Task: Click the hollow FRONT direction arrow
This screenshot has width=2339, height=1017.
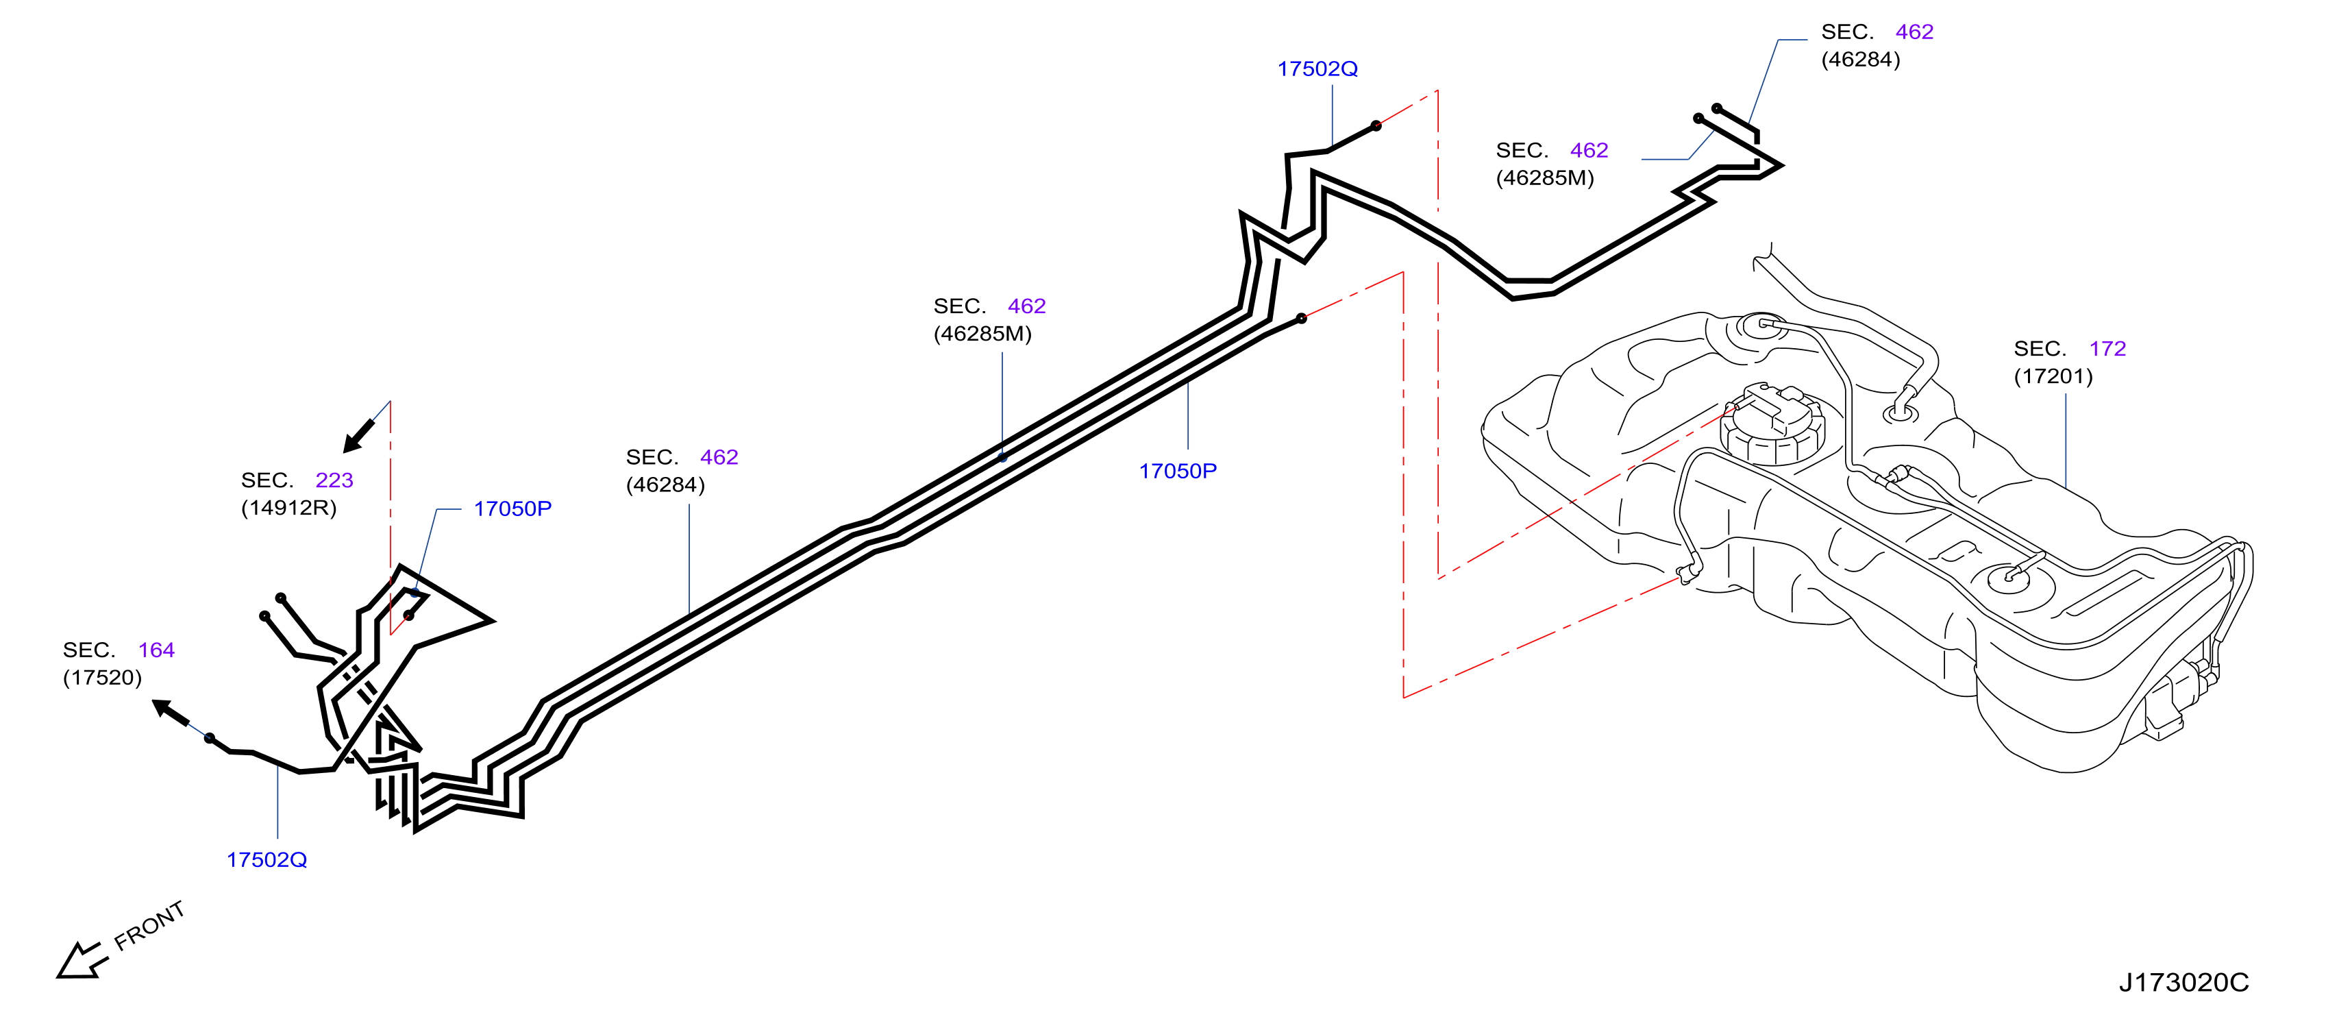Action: coord(82,961)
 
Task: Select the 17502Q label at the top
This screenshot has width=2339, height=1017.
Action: coord(1317,69)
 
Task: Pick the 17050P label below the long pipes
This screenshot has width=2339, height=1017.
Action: coord(1178,471)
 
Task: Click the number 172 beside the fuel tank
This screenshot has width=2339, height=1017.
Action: coord(2107,349)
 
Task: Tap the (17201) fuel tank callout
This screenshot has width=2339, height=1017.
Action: coord(2053,376)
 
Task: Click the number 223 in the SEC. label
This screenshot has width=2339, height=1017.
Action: coord(334,480)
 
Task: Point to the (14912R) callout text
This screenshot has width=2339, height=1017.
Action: coord(288,508)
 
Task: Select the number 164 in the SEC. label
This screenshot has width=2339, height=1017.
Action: coord(156,650)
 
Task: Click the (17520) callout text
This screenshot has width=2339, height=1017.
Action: coord(103,677)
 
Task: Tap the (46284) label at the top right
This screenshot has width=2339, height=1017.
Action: coord(1861,59)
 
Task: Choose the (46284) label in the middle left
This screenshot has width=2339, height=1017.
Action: coord(665,485)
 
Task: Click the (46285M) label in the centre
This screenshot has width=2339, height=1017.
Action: coord(982,334)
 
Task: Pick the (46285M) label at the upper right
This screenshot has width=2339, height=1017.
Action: coord(1544,178)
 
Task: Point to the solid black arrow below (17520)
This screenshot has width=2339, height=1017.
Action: coord(171,713)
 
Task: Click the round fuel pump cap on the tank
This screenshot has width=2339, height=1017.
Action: coord(1772,427)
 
